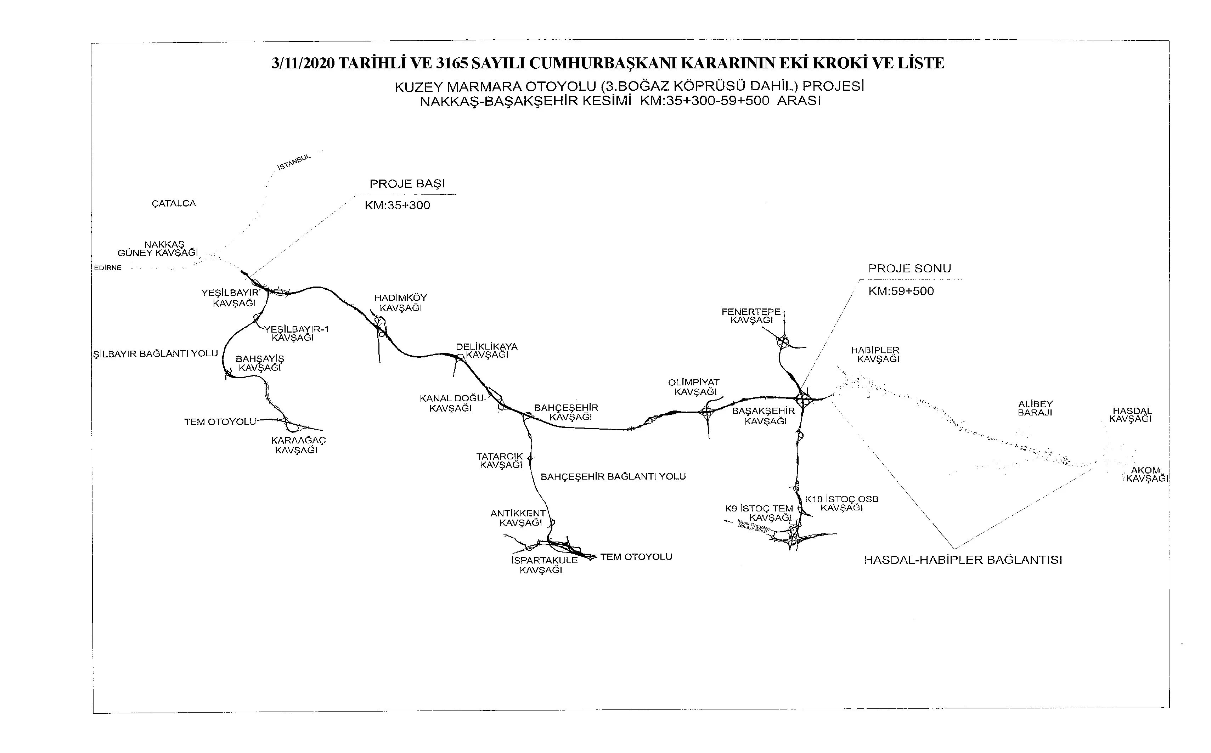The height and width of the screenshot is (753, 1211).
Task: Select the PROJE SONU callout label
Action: pos(909,269)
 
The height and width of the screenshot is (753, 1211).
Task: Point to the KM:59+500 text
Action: pos(901,291)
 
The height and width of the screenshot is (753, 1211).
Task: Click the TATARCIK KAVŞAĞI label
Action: pos(501,461)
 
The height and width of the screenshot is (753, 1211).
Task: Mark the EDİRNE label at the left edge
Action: pos(108,268)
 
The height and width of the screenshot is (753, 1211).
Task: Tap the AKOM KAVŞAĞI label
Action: pos(1146,475)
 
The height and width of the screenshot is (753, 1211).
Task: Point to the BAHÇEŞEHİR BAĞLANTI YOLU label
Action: pos(613,477)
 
